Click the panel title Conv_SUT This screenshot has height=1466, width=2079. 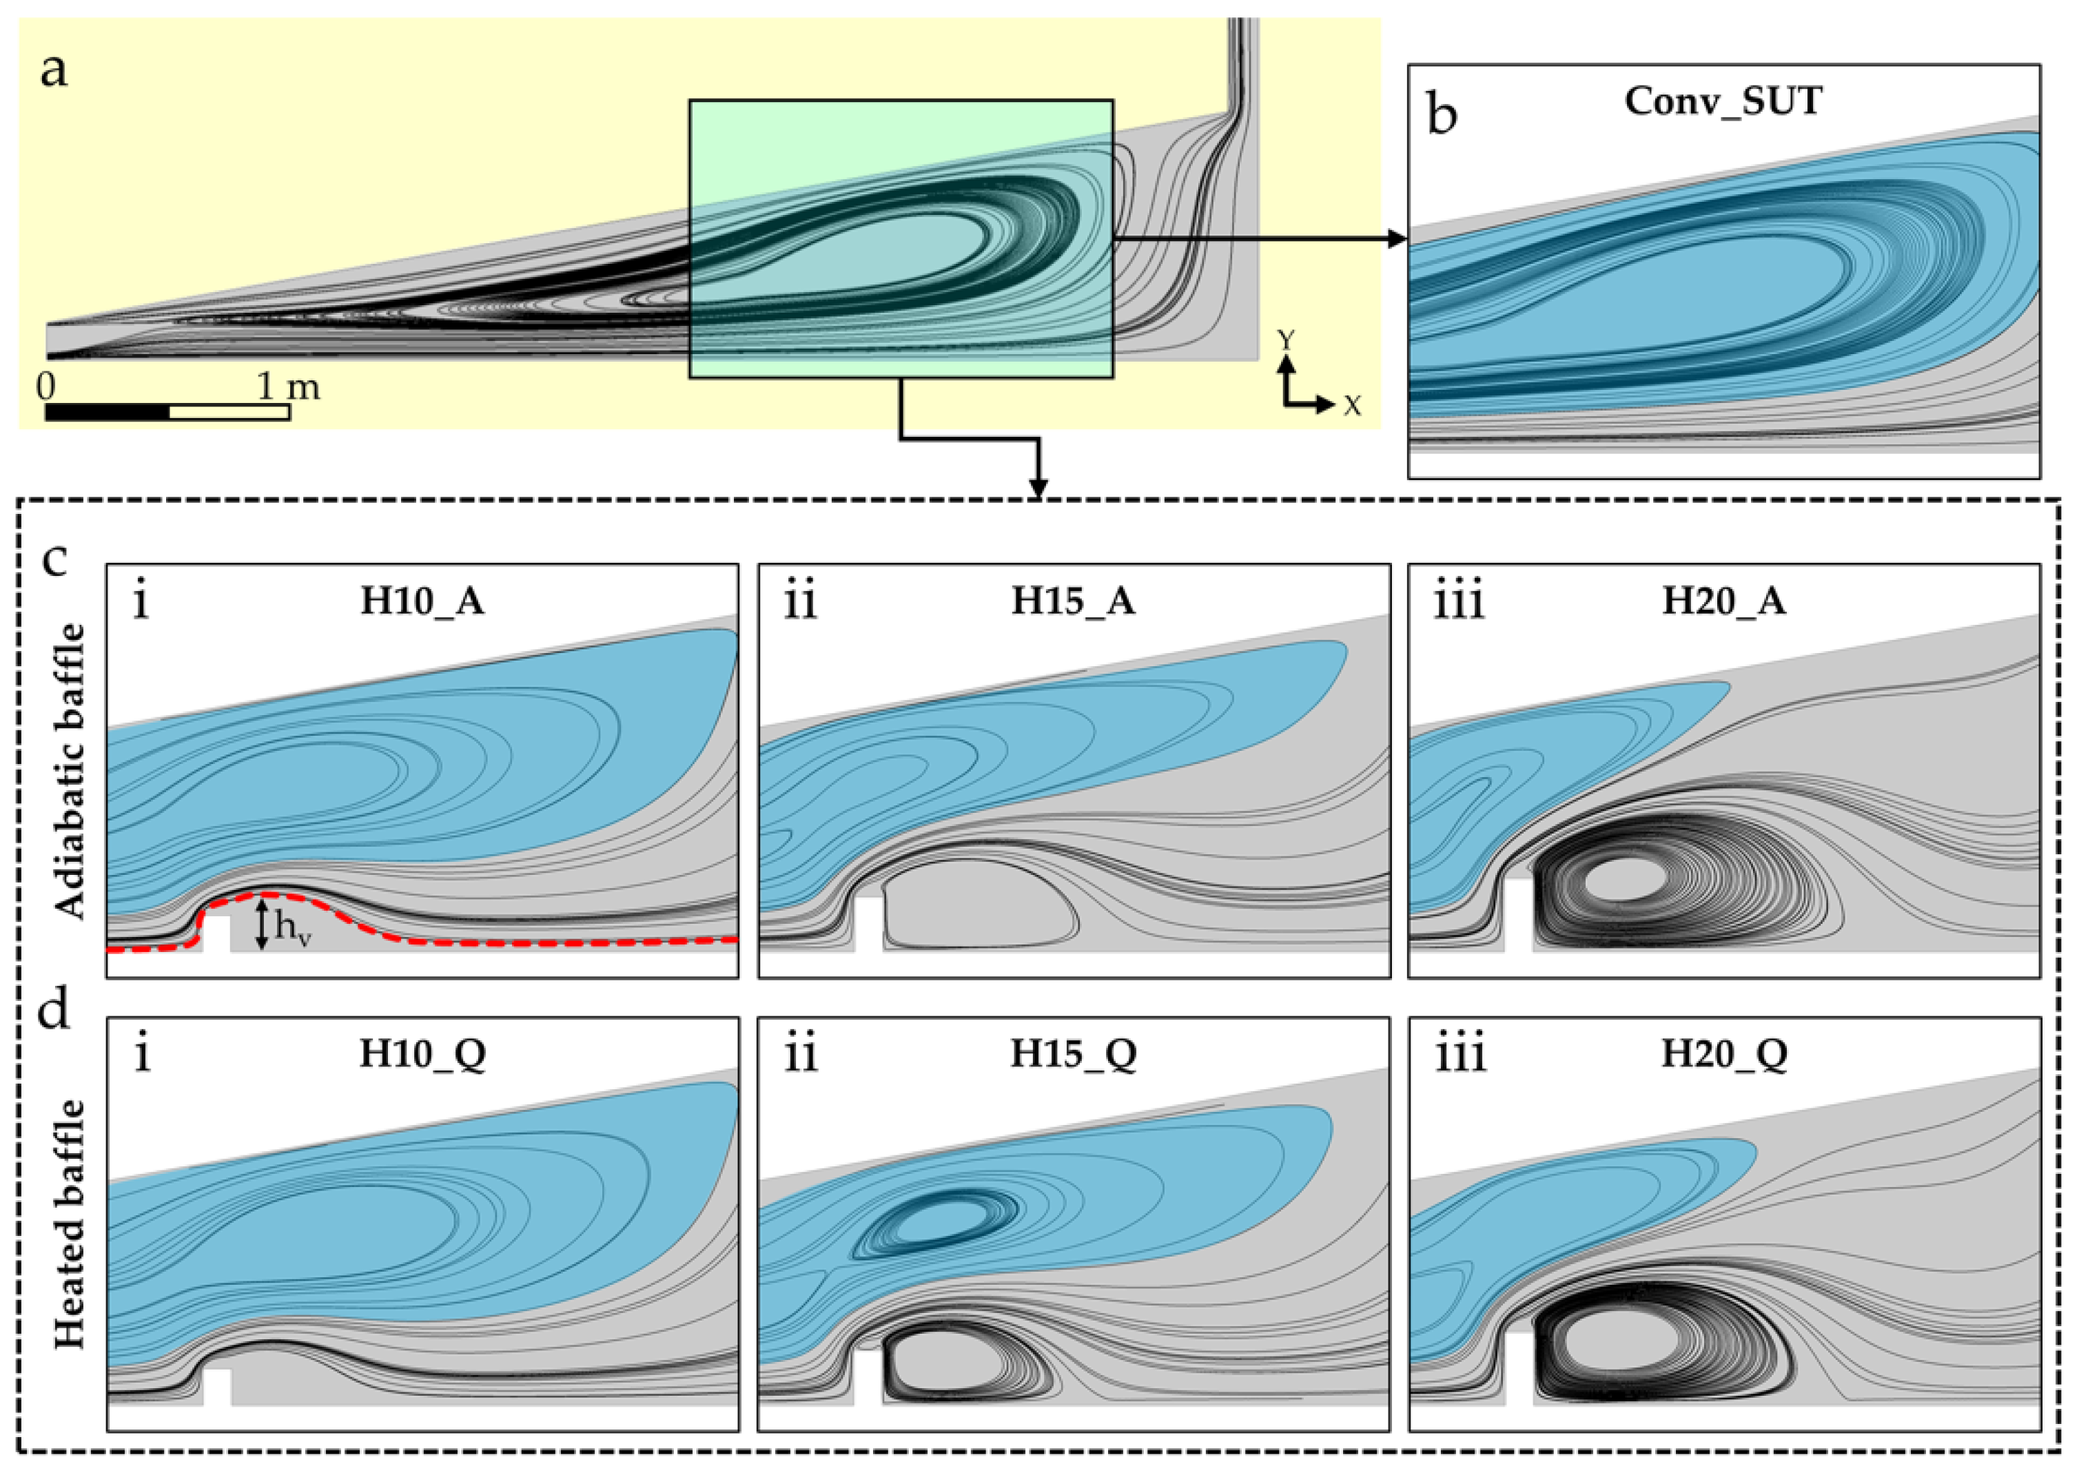(x=1723, y=101)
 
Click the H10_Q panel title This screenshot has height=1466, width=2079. (x=422, y=1054)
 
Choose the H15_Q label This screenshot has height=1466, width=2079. (x=1073, y=1054)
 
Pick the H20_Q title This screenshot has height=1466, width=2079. (x=1724, y=1054)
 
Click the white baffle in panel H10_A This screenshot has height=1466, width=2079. (x=216, y=933)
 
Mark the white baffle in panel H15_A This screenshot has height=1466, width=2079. (x=868, y=924)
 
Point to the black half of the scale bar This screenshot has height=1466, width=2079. (x=107, y=412)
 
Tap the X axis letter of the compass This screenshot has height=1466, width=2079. (x=1351, y=406)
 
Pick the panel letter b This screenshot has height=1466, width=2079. (x=1442, y=116)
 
